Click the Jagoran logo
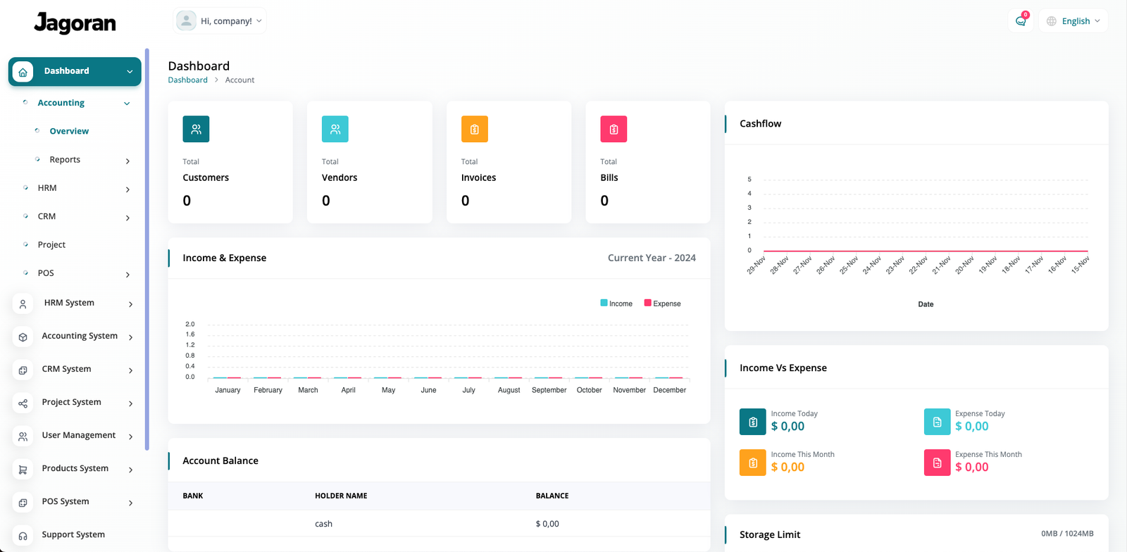pos(75,23)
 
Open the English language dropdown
pos(1073,21)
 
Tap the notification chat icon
pos(1021,21)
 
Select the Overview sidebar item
pos(69,131)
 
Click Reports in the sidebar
pos(65,160)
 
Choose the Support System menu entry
pos(73,534)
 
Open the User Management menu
pos(78,435)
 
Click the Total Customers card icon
pos(196,129)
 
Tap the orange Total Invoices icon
pos(474,129)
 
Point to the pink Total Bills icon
pos(614,129)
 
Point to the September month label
pos(549,390)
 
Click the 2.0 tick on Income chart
pos(190,325)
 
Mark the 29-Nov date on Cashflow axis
pos(756,265)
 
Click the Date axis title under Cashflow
pos(926,304)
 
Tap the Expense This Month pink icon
pos(937,463)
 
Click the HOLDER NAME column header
pos(341,496)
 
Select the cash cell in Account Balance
pos(323,524)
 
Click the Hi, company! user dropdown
pos(220,21)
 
